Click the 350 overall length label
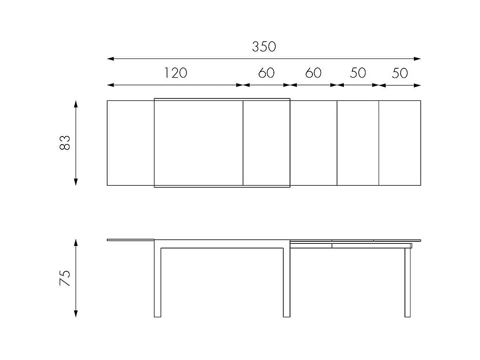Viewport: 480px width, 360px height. [264, 46]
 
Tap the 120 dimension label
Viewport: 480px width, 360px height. [176, 73]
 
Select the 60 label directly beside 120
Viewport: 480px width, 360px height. [266, 73]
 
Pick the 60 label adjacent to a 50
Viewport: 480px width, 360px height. [313, 73]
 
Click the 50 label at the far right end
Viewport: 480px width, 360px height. [399, 73]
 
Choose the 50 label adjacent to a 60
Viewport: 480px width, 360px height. [358, 73]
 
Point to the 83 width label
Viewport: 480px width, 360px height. [65, 143]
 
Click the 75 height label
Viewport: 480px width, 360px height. [65, 278]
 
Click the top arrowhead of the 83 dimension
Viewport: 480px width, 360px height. [76, 104]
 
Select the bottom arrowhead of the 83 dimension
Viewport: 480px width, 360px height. [76, 182]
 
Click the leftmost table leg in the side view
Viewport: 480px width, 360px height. [157, 282]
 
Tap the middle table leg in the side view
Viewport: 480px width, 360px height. [287, 282]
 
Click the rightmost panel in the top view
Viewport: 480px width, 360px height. [399, 143]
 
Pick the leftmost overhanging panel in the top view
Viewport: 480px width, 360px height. [130, 143]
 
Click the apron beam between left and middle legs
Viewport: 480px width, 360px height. [222, 244]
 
